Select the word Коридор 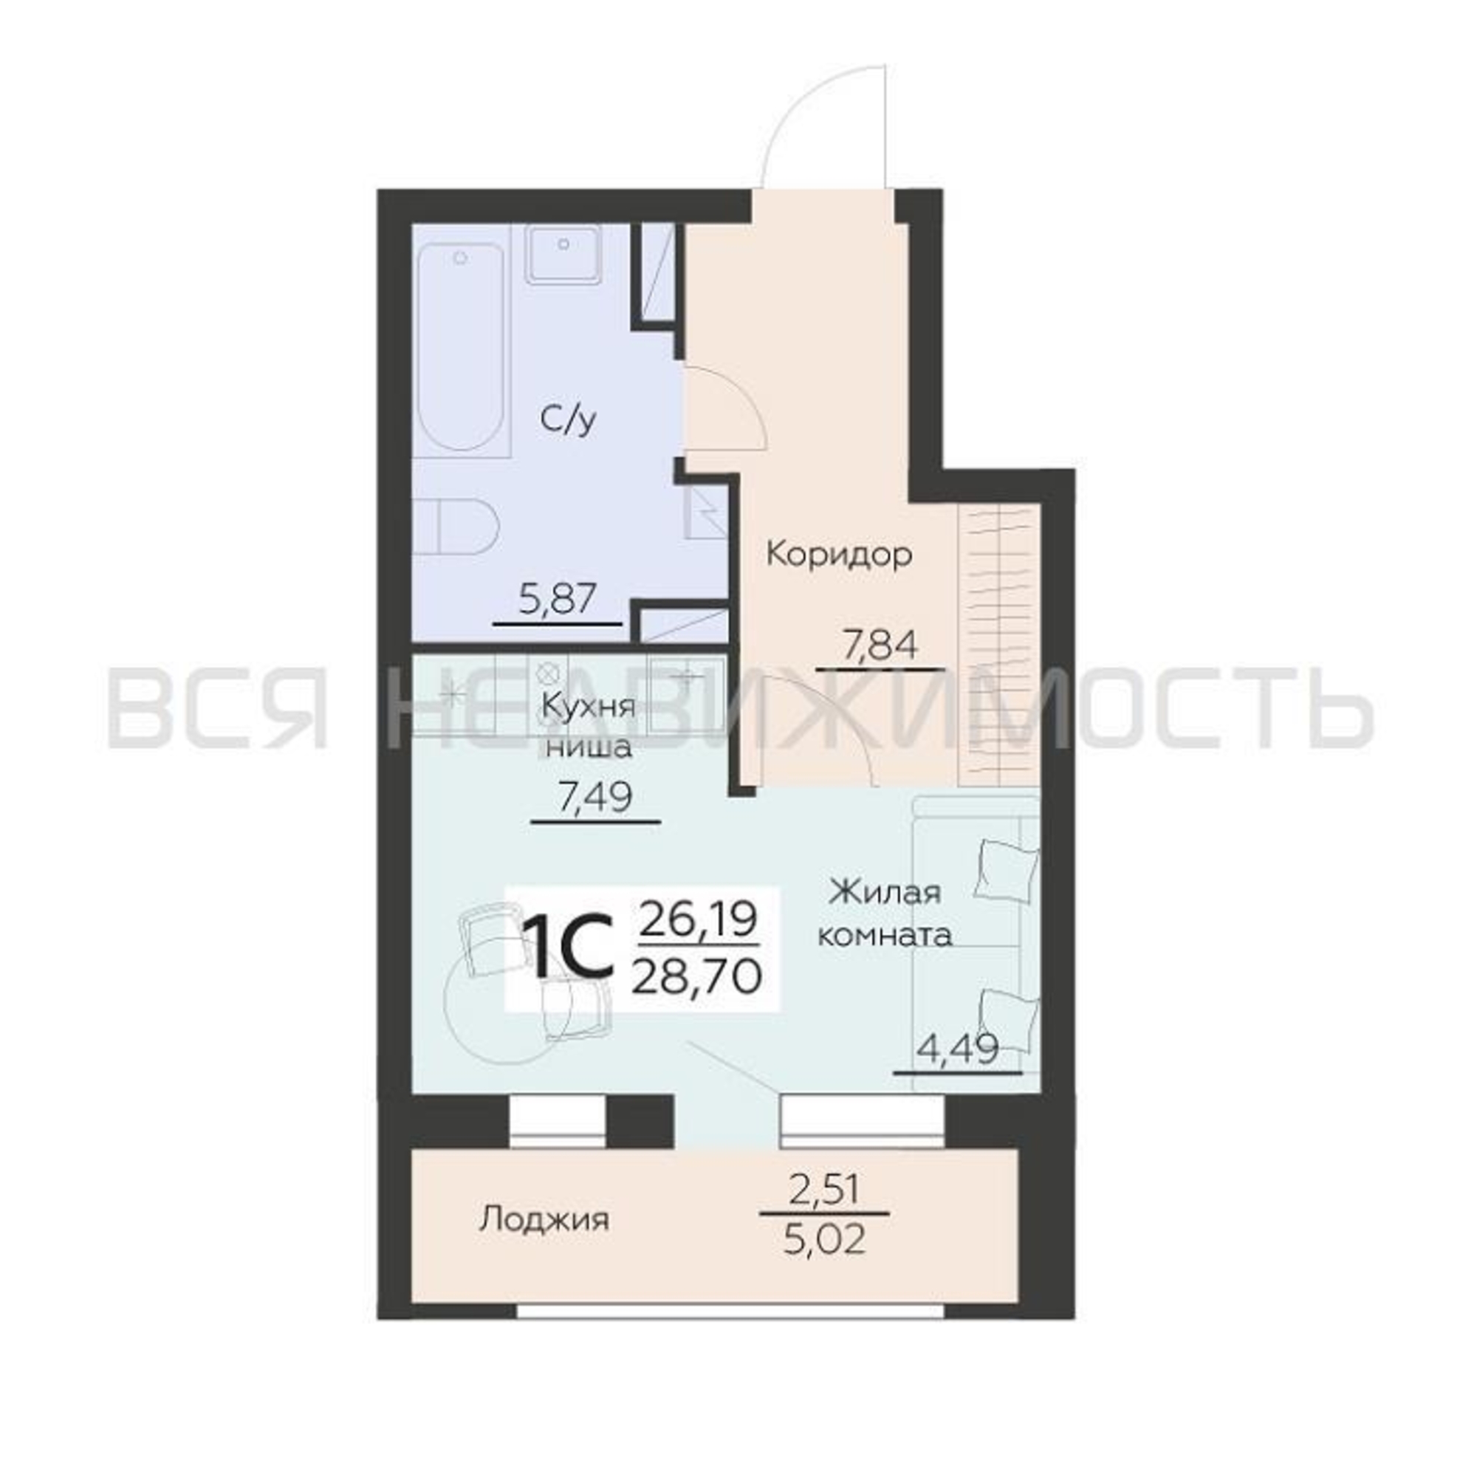(x=840, y=555)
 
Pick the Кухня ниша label (x=588, y=725)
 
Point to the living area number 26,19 (x=697, y=919)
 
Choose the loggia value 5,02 (x=825, y=1240)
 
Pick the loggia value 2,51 (x=825, y=1190)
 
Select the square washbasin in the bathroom (x=563, y=255)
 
